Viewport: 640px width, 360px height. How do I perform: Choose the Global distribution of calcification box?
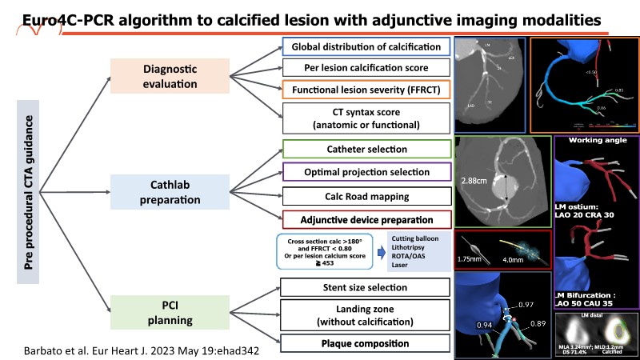point(366,47)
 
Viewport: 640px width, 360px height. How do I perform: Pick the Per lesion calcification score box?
point(366,68)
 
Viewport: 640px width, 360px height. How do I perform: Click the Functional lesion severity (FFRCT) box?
point(366,88)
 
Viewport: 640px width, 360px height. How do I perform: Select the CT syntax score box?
point(366,118)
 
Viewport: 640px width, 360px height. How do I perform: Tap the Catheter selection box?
point(366,149)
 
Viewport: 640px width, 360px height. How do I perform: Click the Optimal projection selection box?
point(366,172)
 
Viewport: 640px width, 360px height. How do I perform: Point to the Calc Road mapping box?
point(366,195)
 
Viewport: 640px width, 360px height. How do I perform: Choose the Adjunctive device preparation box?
point(366,219)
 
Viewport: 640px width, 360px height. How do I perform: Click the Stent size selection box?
point(366,287)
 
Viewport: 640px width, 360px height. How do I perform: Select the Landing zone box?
point(366,315)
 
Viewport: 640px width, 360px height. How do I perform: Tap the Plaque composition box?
point(366,344)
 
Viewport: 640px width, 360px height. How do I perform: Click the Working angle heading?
point(596,141)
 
